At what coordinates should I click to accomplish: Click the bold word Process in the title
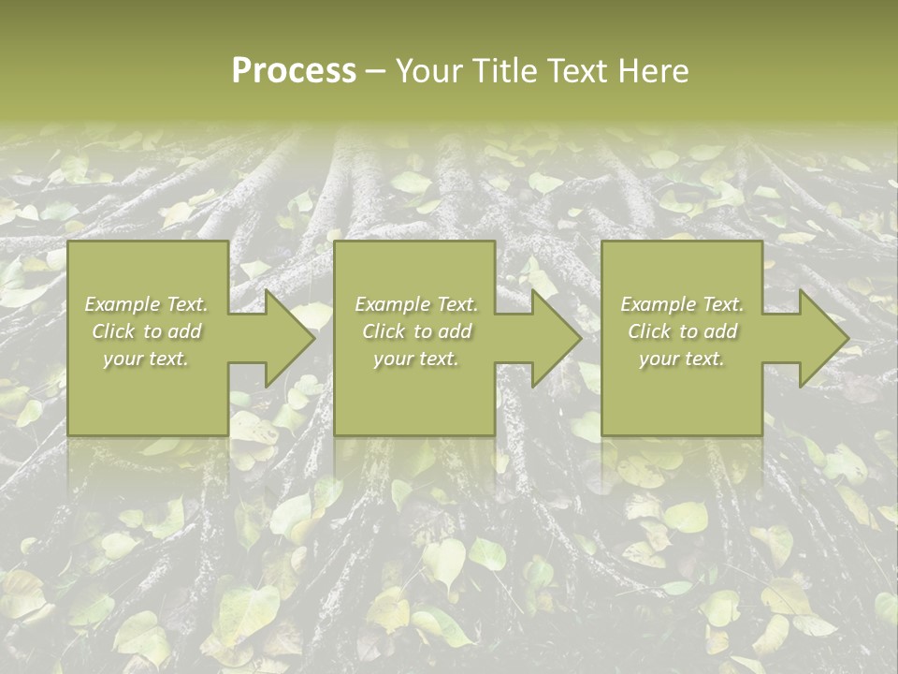(x=294, y=71)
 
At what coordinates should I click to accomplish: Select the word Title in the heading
(x=502, y=71)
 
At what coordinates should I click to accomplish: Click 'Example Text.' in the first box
(x=146, y=304)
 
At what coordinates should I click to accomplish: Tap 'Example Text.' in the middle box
(x=416, y=304)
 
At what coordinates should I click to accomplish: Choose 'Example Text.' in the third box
(x=682, y=304)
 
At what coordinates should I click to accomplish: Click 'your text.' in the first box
(x=146, y=359)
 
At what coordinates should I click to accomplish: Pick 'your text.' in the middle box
(x=416, y=359)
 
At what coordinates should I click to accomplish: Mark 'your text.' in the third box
(x=682, y=359)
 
